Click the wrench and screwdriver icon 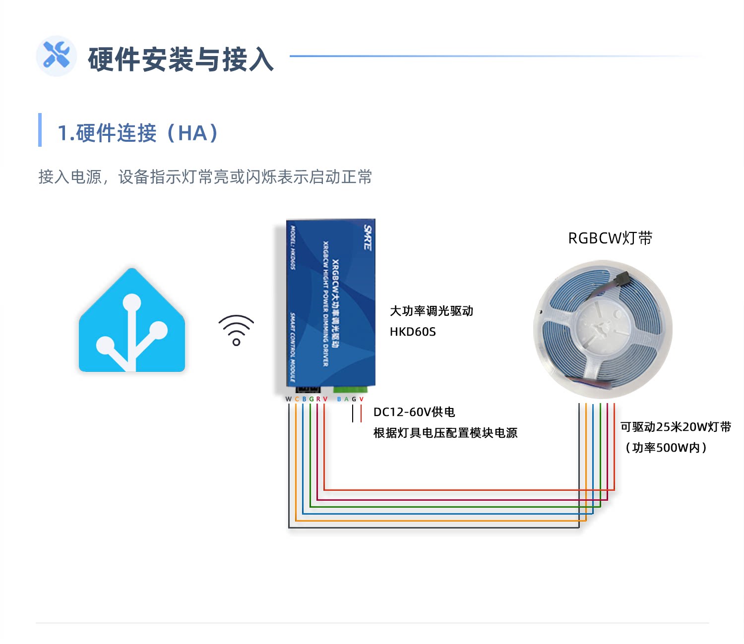coord(56,56)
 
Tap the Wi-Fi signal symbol coord(236,330)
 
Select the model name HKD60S coord(413,332)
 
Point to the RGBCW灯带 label coord(610,238)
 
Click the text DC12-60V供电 coord(414,412)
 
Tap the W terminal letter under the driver coord(289,399)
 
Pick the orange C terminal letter coord(297,399)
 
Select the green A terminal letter coord(346,399)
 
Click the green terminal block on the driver coord(351,389)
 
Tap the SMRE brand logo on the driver coord(368,237)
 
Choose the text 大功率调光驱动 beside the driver coord(432,311)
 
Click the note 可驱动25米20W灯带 coord(676,427)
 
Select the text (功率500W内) coord(666,448)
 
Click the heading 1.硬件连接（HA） coord(138,133)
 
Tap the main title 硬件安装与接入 coord(181,59)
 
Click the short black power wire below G coord(353,413)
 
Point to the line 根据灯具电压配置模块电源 coord(445,433)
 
